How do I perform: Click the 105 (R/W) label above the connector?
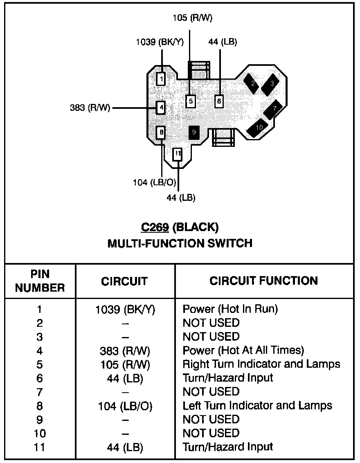(192, 18)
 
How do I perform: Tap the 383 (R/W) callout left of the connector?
(90, 108)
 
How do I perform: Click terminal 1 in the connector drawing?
(161, 79)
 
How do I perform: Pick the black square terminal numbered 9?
(194, 133)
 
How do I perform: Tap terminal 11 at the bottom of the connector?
(177, 154)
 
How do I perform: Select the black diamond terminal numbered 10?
(258, 128)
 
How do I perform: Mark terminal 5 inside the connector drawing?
(190, 101)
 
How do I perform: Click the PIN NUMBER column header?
(40, 281)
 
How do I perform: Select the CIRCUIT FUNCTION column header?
(263, 281)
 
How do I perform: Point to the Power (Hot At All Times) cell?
(243, 351)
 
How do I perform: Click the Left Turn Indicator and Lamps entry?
(257, 406)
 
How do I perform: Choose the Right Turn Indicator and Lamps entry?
(261, 364)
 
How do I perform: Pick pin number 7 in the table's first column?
(40, 392)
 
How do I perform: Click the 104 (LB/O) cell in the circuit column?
(125, 406)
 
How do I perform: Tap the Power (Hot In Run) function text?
(230, 309)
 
